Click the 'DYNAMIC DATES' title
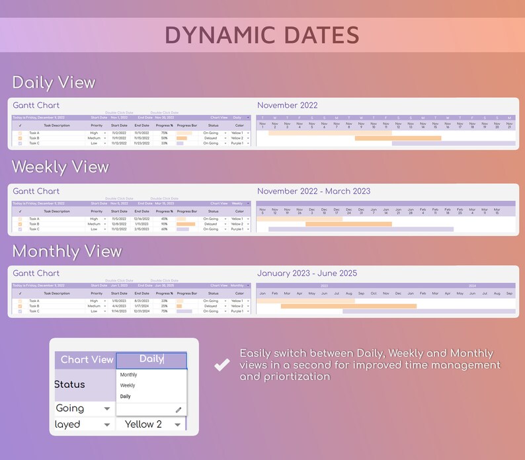(x=262, y=35)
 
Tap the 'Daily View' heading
(x=54, y=83)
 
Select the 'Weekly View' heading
(x=60, y=167)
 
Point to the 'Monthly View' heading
(x=67, y=251)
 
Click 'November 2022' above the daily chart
(x=287, y=105)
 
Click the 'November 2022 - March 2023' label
(x=313, y=191)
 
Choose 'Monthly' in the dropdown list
(x=129, y=375)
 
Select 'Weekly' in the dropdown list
(x=128, y=385)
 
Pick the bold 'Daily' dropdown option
(x=126, y=397)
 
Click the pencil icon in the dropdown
(x=178, y=410)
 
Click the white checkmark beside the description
(x=222, y=365)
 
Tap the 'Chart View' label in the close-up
(x=87, y=360)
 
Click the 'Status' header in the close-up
(x=69, y=385)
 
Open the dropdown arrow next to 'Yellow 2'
(x=177, y=425)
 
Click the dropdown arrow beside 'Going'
(x=107, y=409)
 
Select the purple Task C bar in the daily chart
(x=453, y=143)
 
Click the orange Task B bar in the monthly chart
(x=348, y=306)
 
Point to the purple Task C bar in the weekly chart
(x=361, y=229)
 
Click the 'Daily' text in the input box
(x=151, y=359)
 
